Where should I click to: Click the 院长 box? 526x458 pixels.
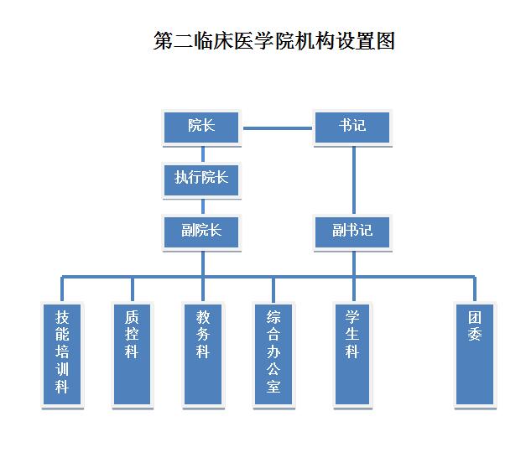201,127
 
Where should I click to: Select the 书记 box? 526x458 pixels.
352,127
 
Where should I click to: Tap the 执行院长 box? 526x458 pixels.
201,179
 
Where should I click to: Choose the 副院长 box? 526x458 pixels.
201,231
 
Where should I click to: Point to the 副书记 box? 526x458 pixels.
352,231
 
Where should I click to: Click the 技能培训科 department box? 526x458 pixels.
62,353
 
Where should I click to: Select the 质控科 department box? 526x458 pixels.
132,353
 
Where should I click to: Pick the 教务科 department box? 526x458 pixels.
203,353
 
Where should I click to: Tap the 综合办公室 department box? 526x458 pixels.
273,353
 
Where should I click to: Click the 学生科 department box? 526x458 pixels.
352,353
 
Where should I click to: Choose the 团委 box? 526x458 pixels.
475,353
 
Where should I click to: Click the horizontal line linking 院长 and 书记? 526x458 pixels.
277,128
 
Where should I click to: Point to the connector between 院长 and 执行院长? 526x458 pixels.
202,153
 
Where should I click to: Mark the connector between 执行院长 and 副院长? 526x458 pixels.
202,206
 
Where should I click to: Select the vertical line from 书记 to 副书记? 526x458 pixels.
353,179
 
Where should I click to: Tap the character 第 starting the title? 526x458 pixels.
164,41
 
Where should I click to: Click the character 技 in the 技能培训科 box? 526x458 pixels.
62,318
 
